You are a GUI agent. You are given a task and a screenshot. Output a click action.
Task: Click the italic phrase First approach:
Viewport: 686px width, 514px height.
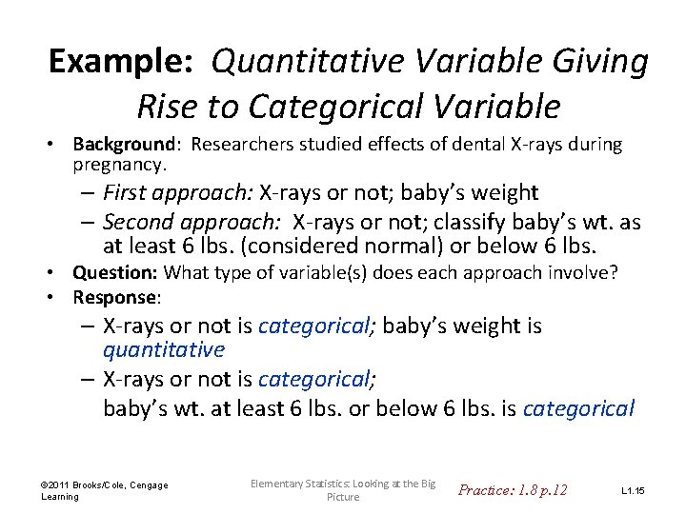coord(177,193)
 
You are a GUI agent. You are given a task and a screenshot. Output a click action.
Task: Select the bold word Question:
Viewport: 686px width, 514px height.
coord(115,274)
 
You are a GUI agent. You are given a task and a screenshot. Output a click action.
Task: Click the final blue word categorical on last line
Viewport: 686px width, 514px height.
coord(578,409)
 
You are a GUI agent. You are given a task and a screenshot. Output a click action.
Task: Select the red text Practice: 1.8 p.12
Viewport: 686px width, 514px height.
coord(513,490)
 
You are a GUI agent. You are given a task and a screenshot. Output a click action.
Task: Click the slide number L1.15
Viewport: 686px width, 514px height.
coord(633,490)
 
